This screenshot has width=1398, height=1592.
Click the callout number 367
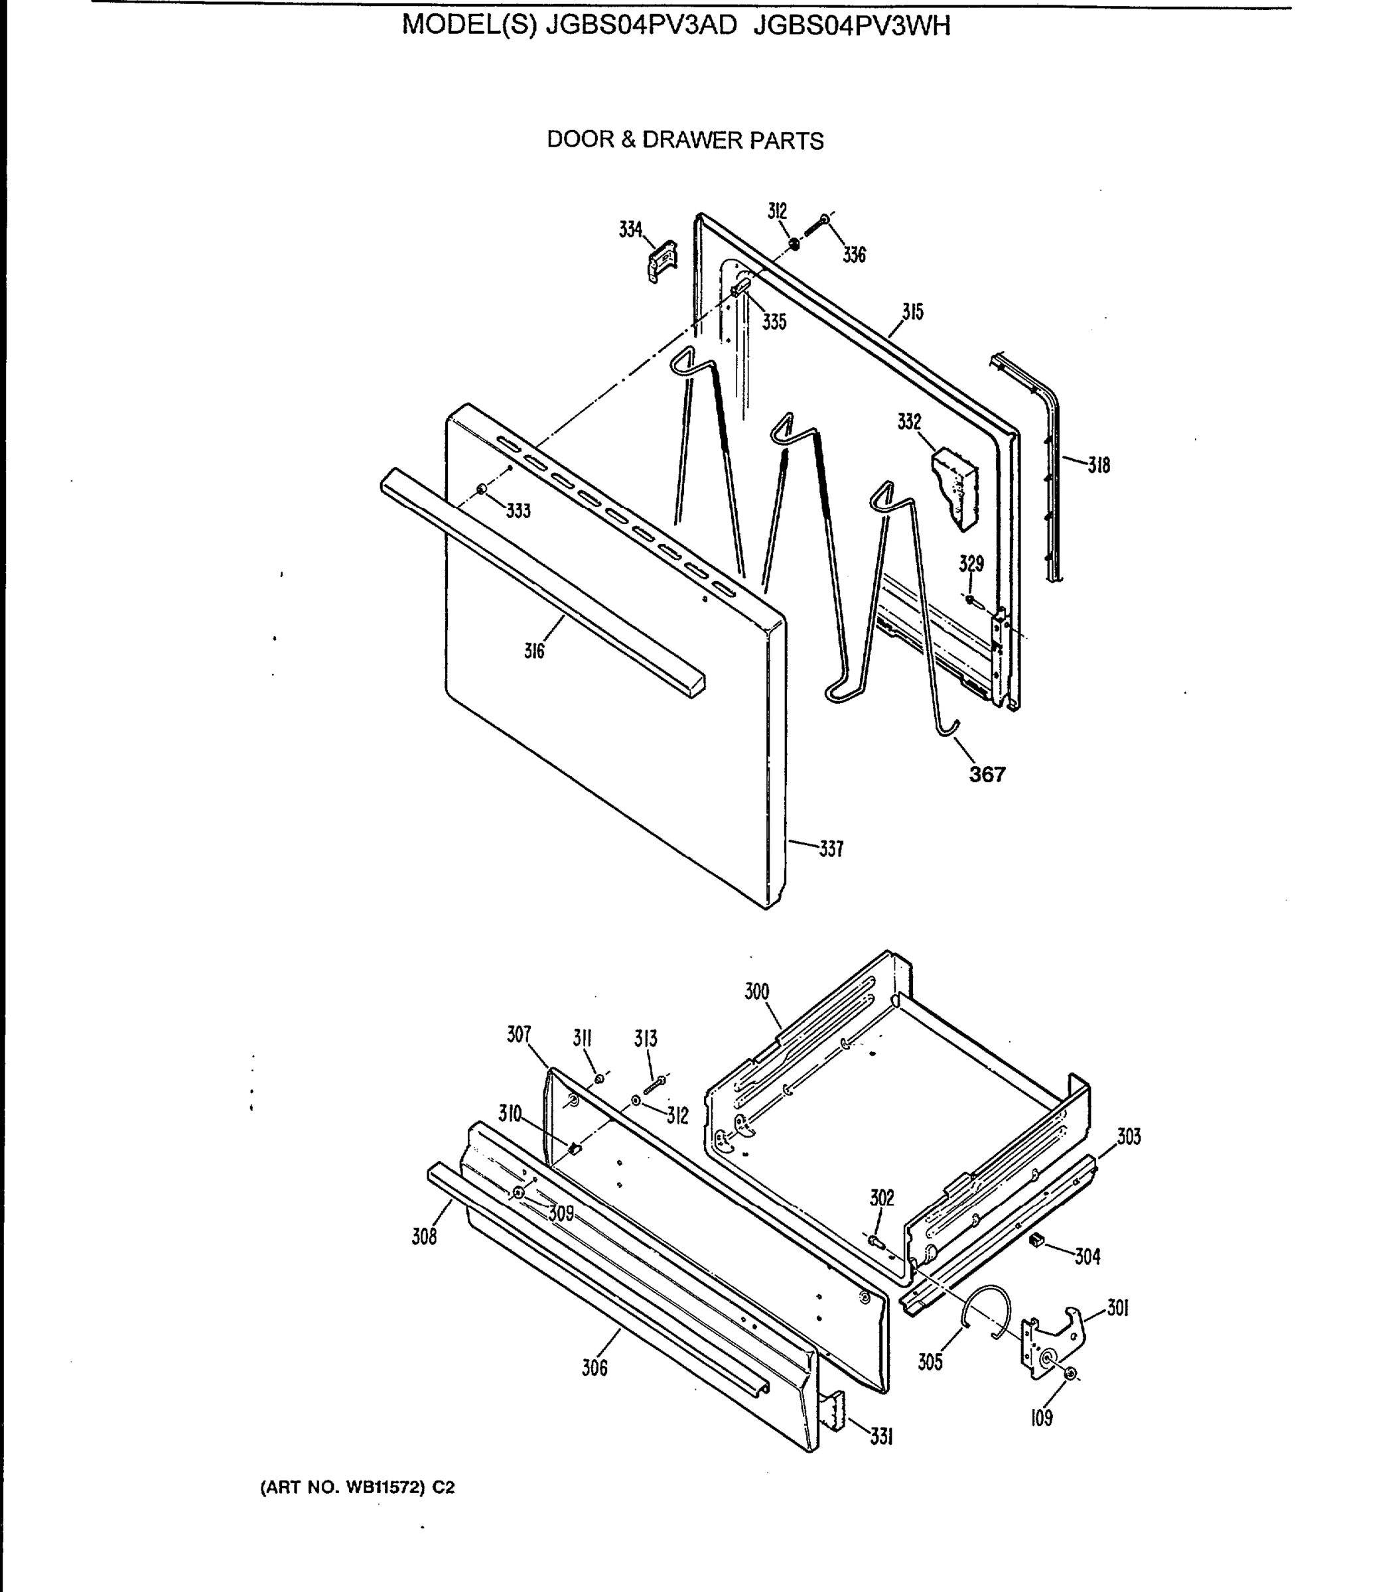(987, 774)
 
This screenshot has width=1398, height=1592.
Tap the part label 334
(630, 230)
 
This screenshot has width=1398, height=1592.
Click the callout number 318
(1099, 465)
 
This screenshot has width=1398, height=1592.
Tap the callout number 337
(831, 849)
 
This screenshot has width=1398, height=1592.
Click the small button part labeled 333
(482, 489)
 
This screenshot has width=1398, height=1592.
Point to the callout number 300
(756, 992)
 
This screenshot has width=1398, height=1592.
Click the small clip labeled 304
(1036, 1240)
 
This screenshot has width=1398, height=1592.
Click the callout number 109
(1041, 1418)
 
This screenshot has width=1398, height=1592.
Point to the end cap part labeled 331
(834, 1410)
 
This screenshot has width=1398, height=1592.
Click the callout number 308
(424, 1236)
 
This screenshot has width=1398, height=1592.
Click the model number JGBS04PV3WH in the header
(852, 27)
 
